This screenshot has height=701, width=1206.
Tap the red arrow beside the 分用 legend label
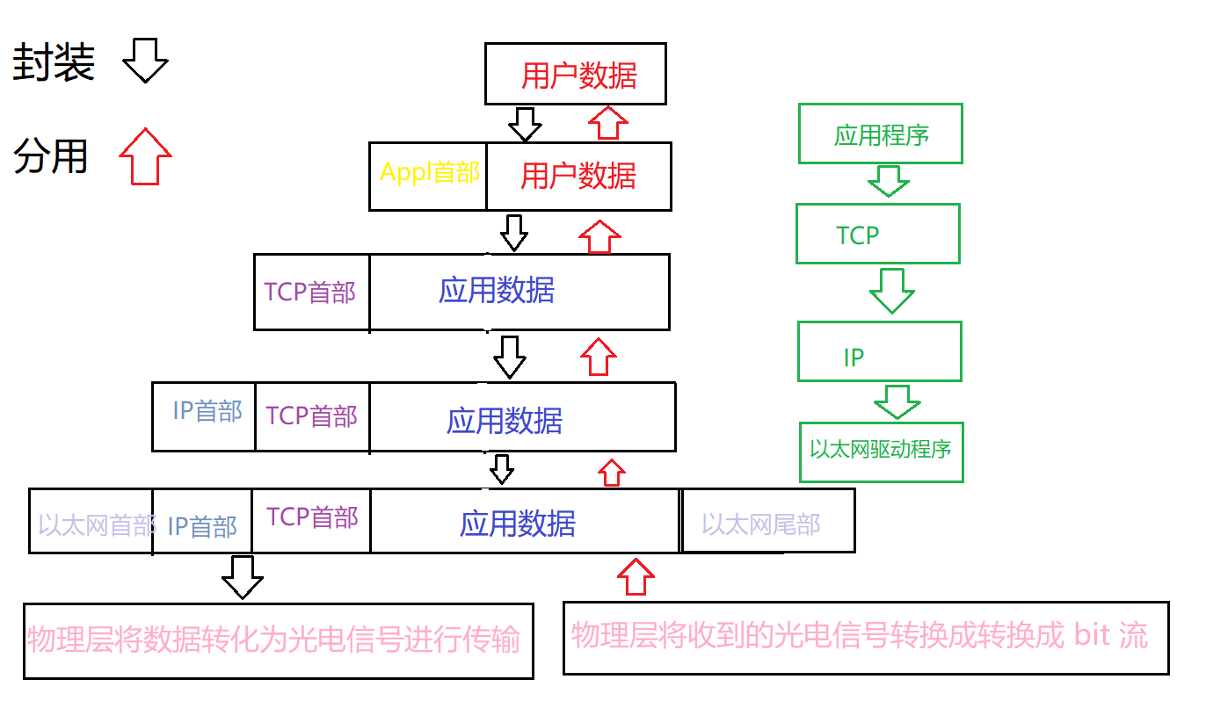pos(145,156)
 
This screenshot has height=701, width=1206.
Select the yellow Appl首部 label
pos(430,172)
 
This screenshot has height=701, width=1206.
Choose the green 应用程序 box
pos(881,134)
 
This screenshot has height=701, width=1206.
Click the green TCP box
pos(877,235)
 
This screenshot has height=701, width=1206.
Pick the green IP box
pos(879,352)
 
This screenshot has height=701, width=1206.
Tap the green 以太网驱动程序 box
pos(881,452)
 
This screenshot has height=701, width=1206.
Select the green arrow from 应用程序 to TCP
pos(888,183)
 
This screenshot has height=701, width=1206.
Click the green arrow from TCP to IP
pos(891,290)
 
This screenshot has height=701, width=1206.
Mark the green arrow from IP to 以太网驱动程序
pos(897,401)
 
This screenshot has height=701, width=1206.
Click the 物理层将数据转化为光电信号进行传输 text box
pos(278,640)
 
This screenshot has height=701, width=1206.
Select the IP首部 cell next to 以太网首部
pos(203,525)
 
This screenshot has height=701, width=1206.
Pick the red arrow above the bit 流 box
pos(636,577)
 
